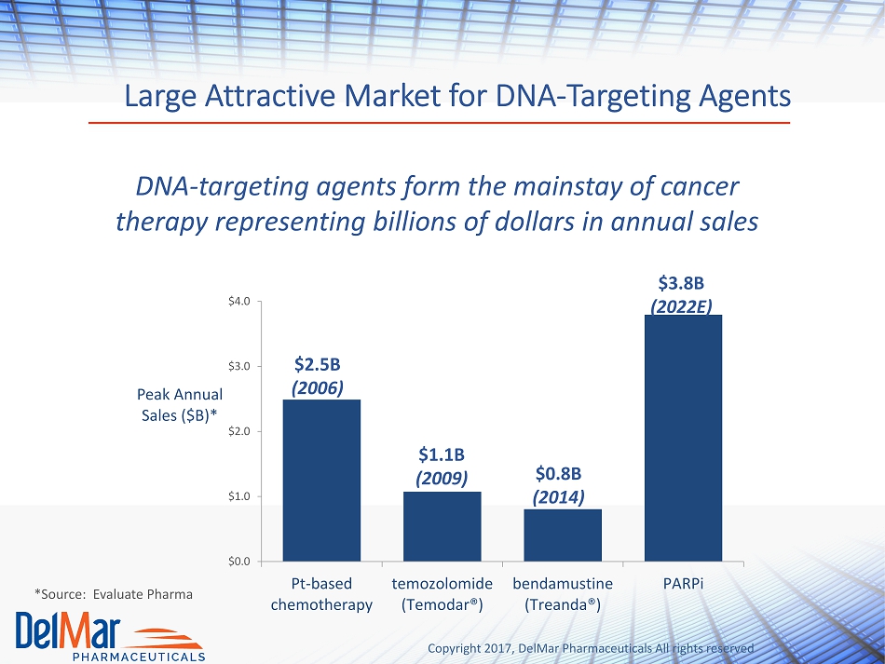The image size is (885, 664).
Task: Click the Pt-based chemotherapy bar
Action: [x=321, y=481]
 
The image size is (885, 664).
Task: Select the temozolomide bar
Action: [x=442, y=526]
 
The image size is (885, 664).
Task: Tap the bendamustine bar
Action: [x=563, y=535]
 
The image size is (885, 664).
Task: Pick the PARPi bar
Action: [x=683, y=438]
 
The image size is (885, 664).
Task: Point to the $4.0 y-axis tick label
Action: [x=239, y=301]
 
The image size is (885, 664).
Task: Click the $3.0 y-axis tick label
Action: [x=239, y=366]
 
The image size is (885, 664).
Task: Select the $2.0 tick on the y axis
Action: [x=239, y=431]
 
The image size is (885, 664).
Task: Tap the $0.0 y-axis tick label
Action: [x=239, y=562]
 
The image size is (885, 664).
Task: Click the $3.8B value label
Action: [x=681, y=282]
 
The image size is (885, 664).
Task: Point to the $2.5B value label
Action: [x=317, y=364]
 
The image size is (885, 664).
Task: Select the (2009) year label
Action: [x=442, y=479]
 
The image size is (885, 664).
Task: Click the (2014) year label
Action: [x=558, y=497]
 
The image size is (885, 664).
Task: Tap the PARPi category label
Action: [x=683, y=583]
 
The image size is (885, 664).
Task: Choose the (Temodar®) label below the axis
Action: [x=442, y=604]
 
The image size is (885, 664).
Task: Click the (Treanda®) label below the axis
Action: [x=562, y=604]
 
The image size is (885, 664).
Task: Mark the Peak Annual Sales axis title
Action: [x=180, y=404]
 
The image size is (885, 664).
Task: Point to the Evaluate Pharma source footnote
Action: [x=114, y=594]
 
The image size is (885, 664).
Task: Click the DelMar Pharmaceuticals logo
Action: [x=110, y=636]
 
